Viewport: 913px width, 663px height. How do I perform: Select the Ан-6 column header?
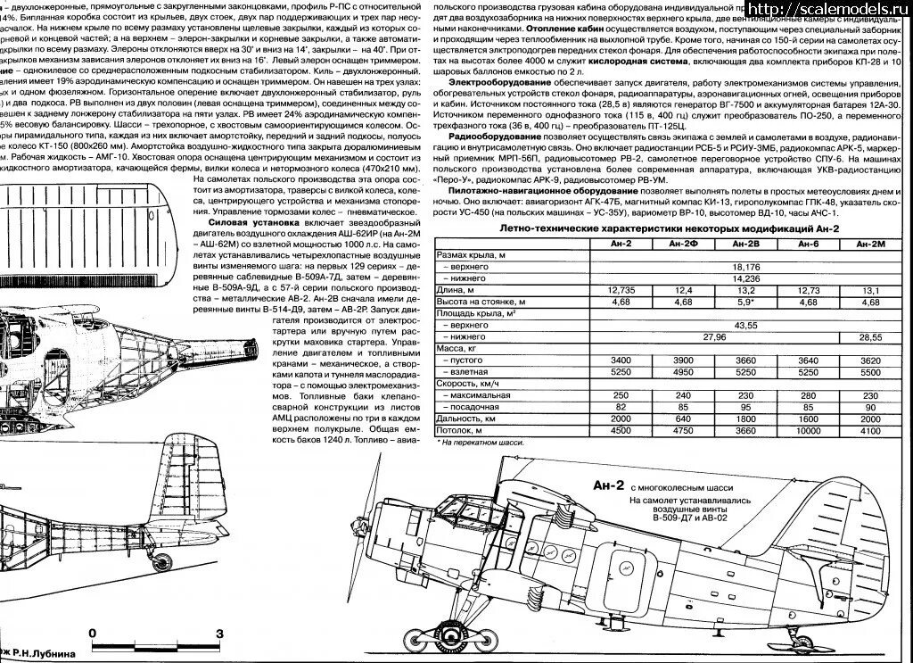[808, 244]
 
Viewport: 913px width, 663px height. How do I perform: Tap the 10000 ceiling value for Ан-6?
[808, 430]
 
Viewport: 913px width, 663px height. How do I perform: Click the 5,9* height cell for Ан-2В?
[745, 302]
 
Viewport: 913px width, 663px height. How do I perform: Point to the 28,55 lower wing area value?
[870, 337]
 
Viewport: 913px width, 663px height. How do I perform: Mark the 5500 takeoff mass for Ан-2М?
[870, 372]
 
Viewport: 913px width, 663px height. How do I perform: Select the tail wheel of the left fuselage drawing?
[165, 560]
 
